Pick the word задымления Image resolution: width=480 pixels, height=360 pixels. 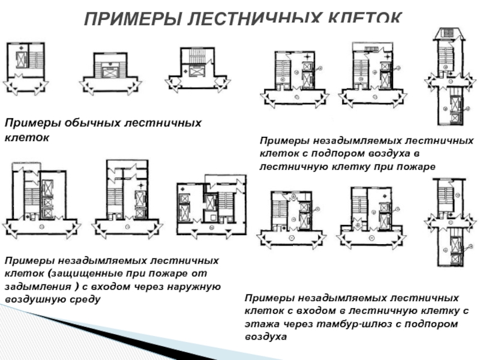click(x=35, y=286)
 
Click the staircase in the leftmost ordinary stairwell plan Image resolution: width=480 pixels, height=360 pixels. click(x=37, y=61)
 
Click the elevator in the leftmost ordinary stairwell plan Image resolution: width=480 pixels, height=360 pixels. click(x=22, y=61)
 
